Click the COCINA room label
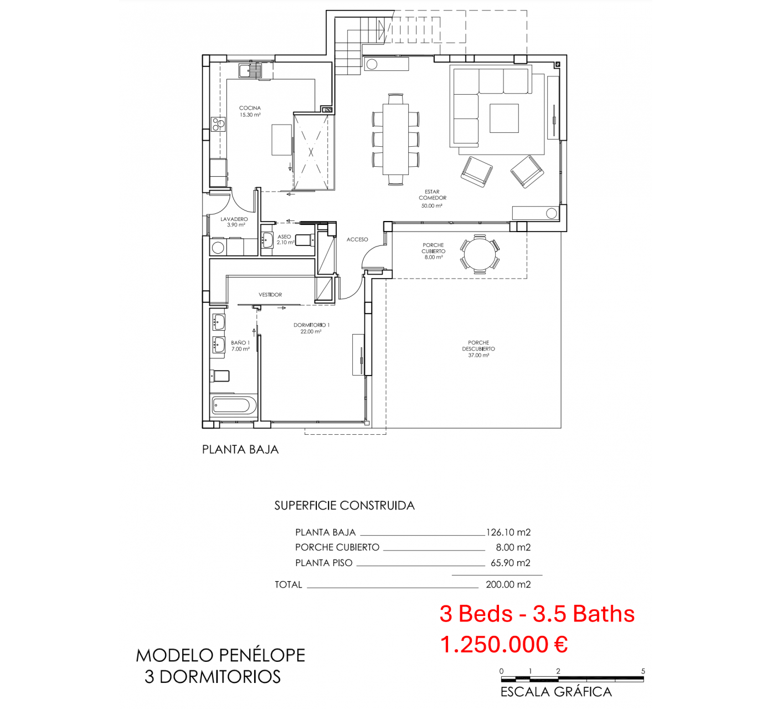pyautogui.click(x=250, y=108)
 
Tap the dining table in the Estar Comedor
pyautogui.click(x=395, y=139)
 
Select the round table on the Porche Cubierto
pyautogui.click(x=480, y=254)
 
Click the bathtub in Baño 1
pyautogui.click(x=234, y=405)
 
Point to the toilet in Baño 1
pyautogui.click(x=220, y=376)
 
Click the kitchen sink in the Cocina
pyautogui.click(x=250, y=71)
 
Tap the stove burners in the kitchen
pyautogui.click(x=218, y=124)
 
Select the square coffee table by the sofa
pyautogui.click(x=504, y=118)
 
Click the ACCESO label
pyautogui.click(x=357, y=239)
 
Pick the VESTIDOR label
pyautogui.click(x=270, y=295)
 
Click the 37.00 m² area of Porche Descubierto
pyautogui.click(x=478, y=355)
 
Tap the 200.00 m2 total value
pyautogui.click(x=508, y=584)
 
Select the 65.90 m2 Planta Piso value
pyautogui.click(x=510, y=563)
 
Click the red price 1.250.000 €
pyautogui.click(x=504, y=644)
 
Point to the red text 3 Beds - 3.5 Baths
pyautogui.click(x=537, y=614)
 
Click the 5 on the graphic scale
pyautogui.click(x=643, y=671)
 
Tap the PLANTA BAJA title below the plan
pyautogui.click(x=240, y=450)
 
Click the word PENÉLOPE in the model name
pyautogui.click(x=262, y=655)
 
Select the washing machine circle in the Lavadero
pyautogui.click(x=218, y=248)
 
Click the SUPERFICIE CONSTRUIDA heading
pyautogui.click(x=344, y=505)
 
